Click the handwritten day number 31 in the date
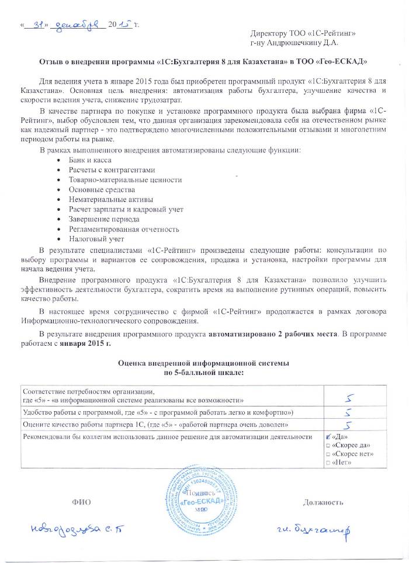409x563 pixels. pyautogui.click(x=36, y=25)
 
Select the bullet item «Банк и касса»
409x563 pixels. pyautogui.click(x=90, y=160)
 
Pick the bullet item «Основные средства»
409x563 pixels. pyautogui.click(x=102, y=189)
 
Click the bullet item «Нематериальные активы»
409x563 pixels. pyautogui.click(x=109, y=199)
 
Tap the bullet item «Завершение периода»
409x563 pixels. pyautogui.click(x=104, y=219)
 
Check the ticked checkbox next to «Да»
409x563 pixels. pyautogui.click(x=328, y=436)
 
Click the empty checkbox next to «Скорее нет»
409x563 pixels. pyautogui.click(x=327, y=454)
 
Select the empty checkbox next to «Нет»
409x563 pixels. pyautogui.click(x=327, y=463)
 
